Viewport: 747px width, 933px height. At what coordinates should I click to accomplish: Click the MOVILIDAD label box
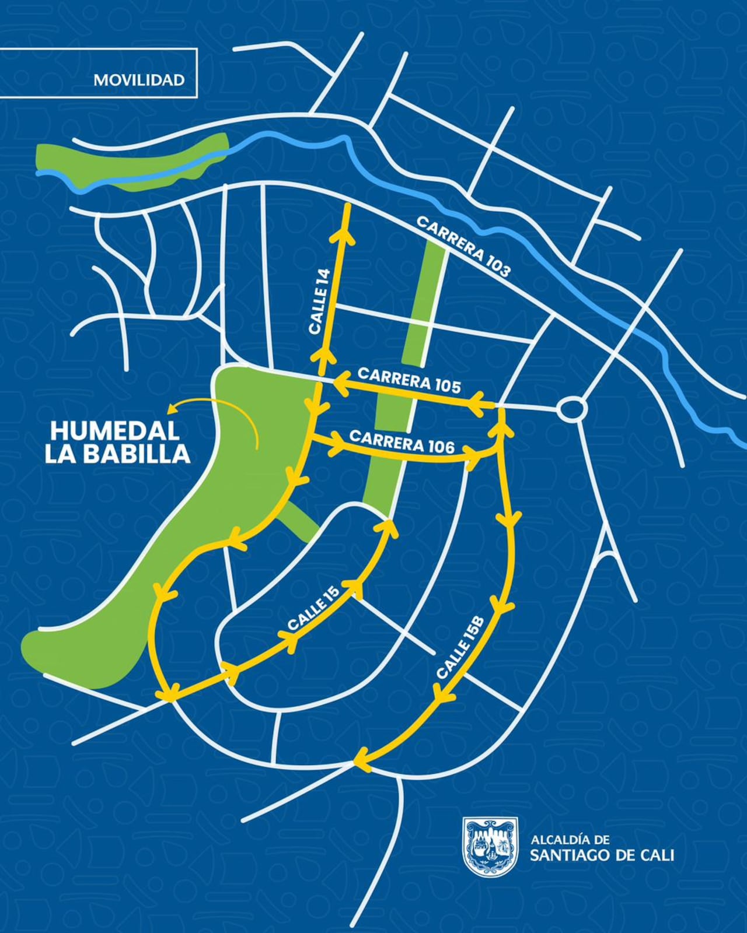[x=139, y=80]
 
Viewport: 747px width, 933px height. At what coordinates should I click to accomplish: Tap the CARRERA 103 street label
[x=464, y=246]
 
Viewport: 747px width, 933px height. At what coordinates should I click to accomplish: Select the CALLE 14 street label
[x=320, y=301]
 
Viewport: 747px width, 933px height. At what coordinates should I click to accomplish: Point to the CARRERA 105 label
[x=409, y=380]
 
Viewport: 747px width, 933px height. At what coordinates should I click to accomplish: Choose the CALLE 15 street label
[x=314, y=612]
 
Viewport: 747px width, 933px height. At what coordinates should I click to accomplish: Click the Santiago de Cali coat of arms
[x=490, y=846]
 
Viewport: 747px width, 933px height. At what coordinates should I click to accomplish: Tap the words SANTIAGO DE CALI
[x=602, y=855]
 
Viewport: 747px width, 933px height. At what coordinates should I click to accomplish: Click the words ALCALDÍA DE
[x=570, y=840]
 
